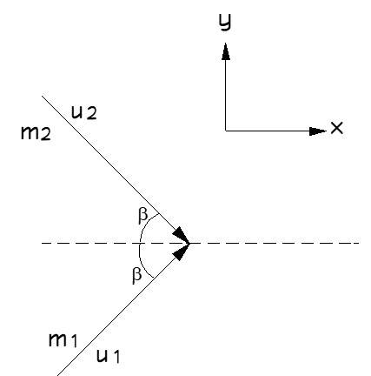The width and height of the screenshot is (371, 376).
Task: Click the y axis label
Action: (225, 23)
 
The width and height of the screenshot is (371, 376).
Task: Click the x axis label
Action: (337, 128)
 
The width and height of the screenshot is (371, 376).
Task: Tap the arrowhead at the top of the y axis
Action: (226, 51)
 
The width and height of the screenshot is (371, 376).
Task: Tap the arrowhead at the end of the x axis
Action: (318, 131)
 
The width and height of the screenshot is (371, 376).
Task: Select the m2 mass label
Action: (36, 133)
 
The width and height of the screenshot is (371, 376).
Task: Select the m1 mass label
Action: (63, 340)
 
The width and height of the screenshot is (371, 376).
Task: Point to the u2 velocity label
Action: (84, 113)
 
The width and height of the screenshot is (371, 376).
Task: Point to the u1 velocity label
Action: (108, 356)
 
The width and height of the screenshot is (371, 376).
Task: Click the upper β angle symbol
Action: (142, 216)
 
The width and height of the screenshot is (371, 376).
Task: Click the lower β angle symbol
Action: (136, 276)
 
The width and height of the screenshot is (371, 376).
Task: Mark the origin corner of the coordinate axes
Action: (226, 131)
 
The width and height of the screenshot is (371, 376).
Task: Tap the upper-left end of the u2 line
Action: (43, 96)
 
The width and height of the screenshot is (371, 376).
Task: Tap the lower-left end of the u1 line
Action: (57, 375)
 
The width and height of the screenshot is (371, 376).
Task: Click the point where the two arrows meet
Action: (189, 243)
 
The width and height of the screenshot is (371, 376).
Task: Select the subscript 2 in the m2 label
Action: (46, 135)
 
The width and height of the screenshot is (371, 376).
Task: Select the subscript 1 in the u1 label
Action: (116, 357)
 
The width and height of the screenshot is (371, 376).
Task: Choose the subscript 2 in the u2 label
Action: (91, 114)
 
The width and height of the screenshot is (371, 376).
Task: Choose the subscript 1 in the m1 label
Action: (74, 341)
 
